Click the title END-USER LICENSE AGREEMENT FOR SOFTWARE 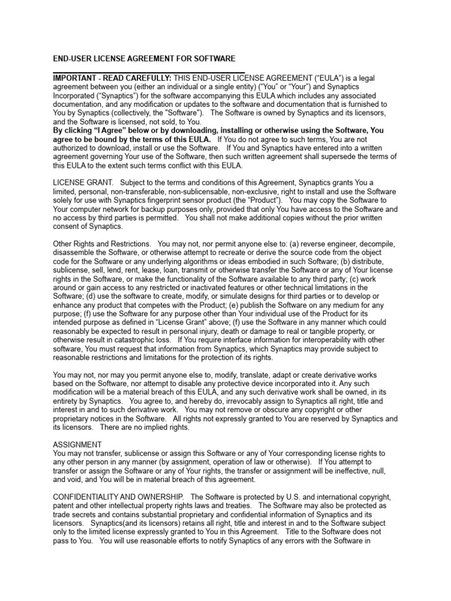coord(144,59)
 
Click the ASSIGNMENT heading coord(78,444)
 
